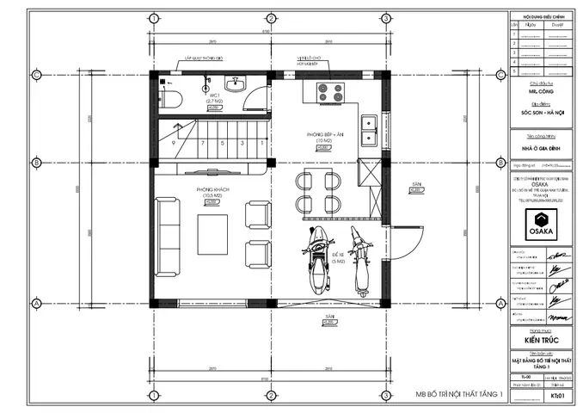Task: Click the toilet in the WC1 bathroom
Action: (x=170, y=93)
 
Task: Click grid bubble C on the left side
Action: (x=36, y=75)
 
